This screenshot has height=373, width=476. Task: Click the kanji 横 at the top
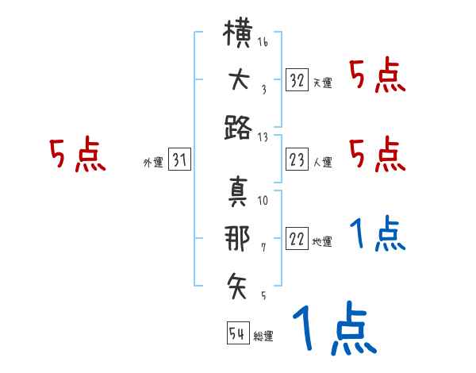(238, 33)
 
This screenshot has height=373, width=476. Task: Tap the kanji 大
(240, 80)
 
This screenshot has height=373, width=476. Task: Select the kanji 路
(238, 128)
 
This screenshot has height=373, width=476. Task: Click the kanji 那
(237, 238)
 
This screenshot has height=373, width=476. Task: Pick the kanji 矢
(236, 286)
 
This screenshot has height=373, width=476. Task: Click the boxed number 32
(297, 80)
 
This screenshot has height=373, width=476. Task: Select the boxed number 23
(297, 160)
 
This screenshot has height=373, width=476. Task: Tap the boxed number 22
(297, 238)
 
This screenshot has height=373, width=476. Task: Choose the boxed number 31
(179, 159)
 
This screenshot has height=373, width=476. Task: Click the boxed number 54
(238, 333)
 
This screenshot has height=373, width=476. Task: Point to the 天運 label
(323, 83)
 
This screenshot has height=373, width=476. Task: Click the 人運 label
(323, 162)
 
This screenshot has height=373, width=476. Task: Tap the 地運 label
(322, 242)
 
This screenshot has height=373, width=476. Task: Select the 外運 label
(153, 162)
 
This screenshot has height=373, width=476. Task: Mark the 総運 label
(263, 336)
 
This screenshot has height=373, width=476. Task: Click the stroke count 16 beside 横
(263, 41)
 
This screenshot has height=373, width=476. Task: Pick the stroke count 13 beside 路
(263, 137)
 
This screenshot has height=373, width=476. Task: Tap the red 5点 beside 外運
(78, 154)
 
